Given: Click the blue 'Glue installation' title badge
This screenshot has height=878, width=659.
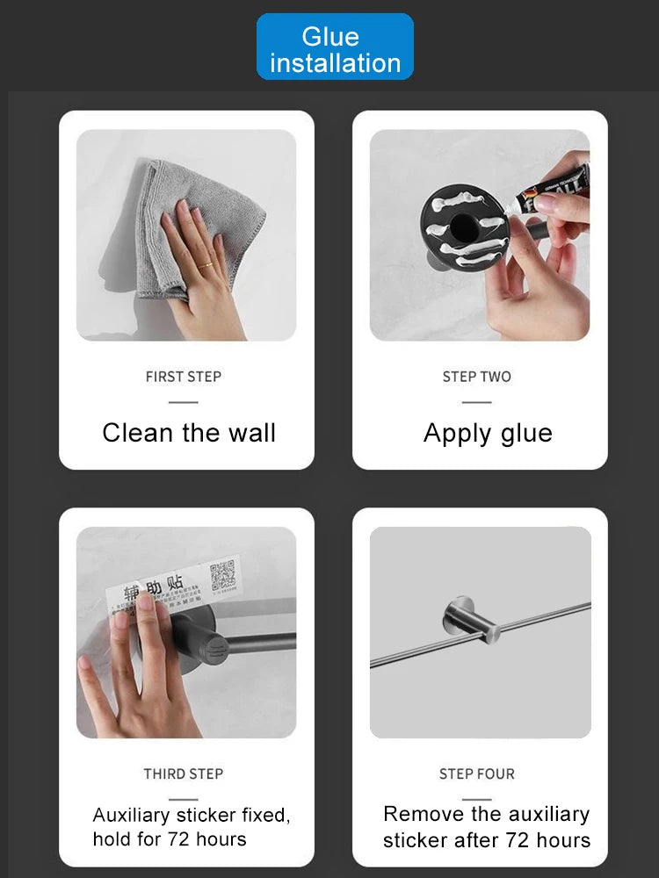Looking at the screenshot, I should point(335,47).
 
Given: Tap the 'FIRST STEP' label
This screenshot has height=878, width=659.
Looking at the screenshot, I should point(184,377).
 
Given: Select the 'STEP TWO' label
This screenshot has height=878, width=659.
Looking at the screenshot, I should point(476,377).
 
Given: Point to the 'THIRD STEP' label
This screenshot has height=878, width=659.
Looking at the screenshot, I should point(184,774).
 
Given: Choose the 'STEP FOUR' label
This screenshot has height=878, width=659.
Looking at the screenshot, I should point(476,774).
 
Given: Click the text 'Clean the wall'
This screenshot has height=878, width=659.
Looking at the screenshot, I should point(189,433).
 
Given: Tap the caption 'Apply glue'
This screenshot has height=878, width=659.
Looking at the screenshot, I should point(488,433).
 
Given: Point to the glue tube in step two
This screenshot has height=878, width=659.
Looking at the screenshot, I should point(545,186).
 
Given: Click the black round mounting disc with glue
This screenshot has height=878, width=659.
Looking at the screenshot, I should point(461,230).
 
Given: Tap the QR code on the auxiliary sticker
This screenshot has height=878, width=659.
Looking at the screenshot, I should point(222,576).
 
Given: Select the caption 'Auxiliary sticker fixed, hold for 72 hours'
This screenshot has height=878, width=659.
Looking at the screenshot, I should point(192,827).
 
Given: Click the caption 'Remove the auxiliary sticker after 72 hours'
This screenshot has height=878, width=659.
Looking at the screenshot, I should point(487,827).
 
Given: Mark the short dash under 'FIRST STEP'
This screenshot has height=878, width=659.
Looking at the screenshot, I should point(184,402).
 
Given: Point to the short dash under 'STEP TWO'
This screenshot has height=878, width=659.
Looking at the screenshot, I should point(476,402).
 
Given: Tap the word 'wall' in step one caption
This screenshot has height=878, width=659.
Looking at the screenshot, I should point(250,433).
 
